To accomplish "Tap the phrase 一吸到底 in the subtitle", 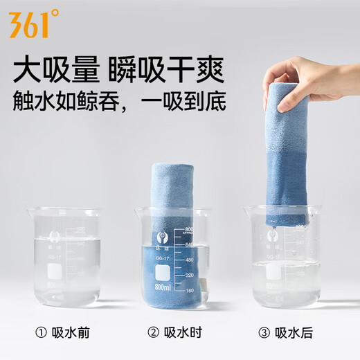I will pos(193,105).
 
